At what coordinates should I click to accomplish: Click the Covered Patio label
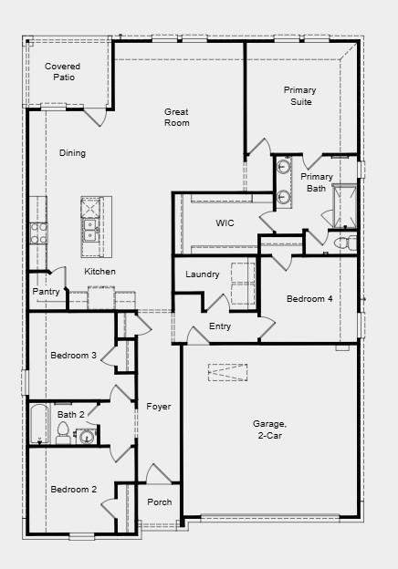pyautogui.click(x=62, y=72)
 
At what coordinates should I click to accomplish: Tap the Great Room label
pyautogui.click(x=177, y=117)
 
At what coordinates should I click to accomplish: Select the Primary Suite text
pyautogui.click(x=299, y=96)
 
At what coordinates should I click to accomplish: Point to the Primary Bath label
pyautogui.click(x=317, y=182)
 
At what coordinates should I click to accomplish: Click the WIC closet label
pyautogui.click(x=225, y=222)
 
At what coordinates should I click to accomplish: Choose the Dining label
pyautogui.click(x=72, y=153)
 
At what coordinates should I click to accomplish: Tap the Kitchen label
pyautogui.click(x=99, y=272)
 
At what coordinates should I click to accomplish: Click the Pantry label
pyautogui.click(x=46, y=292)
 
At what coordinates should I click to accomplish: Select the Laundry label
pyautogui.click(x=202, y=274)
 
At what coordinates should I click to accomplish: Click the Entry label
pyautogui.click(x=220, y=326)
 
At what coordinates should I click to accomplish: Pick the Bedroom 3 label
pyautogui.click(x=73, y=355)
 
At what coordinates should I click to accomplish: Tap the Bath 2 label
pyautogui.click(x=70, y=414)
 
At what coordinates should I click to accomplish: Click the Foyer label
pyautogui.click(x=159, y=407)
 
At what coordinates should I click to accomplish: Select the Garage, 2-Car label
pyautogui.click(x=269, y=429)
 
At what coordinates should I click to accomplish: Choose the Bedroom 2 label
pyautogui.click(x=73, y=490)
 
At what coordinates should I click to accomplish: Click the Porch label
pyautogui.click(x=160, y=502)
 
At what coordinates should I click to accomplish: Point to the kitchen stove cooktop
pyautogui.click(x=38, y=233)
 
